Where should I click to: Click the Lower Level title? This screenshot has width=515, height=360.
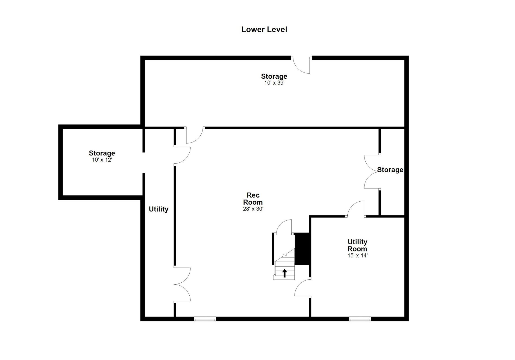[x=264, y=29]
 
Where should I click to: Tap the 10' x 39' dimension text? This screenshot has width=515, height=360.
[x=274, y=83]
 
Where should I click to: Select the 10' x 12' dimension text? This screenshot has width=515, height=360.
[x=102, y=160]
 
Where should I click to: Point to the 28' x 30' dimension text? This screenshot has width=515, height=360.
[x=253, y=209]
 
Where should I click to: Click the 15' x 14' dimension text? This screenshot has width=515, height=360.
[x=357, y=255]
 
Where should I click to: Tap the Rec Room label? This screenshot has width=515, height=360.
[x=253, y=199]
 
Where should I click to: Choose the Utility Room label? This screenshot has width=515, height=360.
[x=357, y=245]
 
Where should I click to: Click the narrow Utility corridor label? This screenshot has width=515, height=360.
[x=159, y=209]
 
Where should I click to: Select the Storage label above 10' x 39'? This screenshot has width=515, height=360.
[x=274, y=77]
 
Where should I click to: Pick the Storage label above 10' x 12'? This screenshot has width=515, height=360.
[x=102, y=153]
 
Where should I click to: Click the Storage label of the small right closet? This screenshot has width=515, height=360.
[x=390, y=170]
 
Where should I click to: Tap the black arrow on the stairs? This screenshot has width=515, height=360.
[x=285, y=273]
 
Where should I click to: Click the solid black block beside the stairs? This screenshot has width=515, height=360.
[x=302, y=249]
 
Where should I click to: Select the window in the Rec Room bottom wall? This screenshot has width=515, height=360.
[x=205, y=319]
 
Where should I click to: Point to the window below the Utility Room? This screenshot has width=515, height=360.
[x=360, y=319]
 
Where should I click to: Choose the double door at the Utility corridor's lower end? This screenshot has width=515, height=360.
[x=182, y=284]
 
